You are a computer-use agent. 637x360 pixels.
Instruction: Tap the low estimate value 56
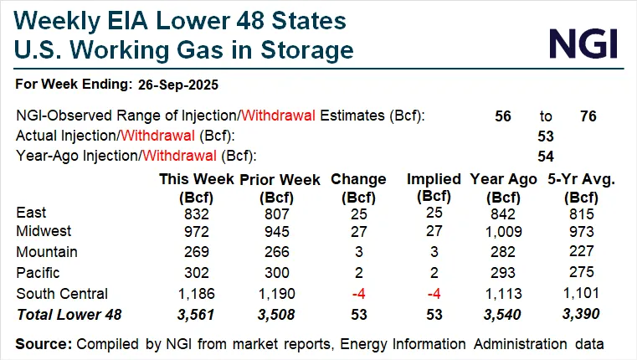tap(503, 116)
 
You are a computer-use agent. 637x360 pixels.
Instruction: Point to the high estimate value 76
tap(588, 116)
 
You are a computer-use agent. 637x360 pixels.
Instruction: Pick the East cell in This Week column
tap(193, 213)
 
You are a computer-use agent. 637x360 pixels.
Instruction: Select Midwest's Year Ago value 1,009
tap(506, 231)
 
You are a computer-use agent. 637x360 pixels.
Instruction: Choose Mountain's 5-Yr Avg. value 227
tap(578, 252)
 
